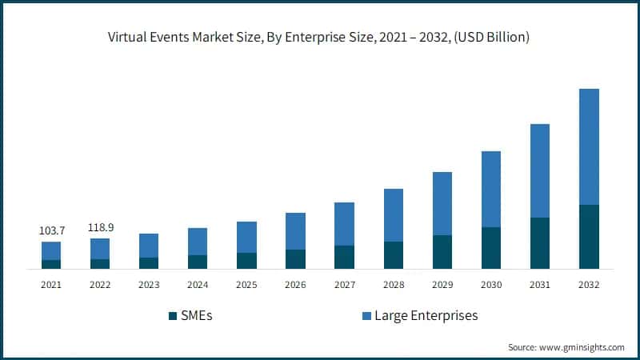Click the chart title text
pos(320,38)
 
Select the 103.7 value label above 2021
pos(52,230)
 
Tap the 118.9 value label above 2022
pos(100,227)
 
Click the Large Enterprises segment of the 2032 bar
pos(589,146)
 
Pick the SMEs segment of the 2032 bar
pos(589,237)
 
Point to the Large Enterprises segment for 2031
pos(540,170)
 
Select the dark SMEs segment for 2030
pos(491,248)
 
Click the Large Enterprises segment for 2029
pos(442,203)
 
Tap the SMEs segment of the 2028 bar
pos(394,255)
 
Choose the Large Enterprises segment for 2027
pos(345,223)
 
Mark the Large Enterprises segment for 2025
pos(247,237)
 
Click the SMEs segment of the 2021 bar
pos(52,264)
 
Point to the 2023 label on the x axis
pos(149,284)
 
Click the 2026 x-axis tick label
pos(296,284)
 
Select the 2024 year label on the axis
pos(198,284)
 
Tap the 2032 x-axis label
pos(589,284)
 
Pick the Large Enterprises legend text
pos(429,315)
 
